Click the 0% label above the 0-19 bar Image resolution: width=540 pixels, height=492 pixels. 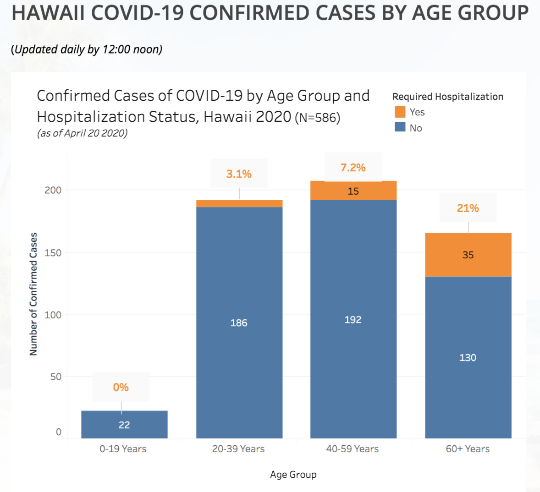pos(121,387)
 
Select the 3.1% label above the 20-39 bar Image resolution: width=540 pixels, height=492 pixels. pos(239,174)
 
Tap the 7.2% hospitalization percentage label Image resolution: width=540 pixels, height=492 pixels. pos(353,168)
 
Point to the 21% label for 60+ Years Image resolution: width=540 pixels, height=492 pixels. pos(468,208)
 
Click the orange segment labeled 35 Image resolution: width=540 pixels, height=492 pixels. pos(468,255)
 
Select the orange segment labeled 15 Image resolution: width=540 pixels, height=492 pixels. pos(353,190)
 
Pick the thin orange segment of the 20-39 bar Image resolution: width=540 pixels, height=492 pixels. pos(239,203)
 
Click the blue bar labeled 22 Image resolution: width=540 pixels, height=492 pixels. pos(124,424)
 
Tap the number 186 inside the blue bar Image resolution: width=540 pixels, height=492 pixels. pos(239,323)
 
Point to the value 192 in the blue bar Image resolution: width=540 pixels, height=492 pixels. pos(353,320)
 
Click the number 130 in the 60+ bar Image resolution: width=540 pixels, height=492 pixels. pos(468,357)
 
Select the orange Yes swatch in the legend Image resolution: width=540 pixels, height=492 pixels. pos(400,112)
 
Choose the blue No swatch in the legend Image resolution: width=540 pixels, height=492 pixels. pos(400,127)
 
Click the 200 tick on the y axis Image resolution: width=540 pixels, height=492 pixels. pos(53,190)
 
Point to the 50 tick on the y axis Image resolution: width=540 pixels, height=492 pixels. pos(56,377)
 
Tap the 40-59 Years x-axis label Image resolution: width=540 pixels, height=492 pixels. pos(353,448)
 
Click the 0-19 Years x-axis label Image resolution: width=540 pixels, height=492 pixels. pos(123,448)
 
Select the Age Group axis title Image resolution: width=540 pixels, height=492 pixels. pos(293,475)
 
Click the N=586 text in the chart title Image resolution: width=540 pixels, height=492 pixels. pos(318,117)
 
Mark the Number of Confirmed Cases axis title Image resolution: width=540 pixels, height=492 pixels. pos(33,294)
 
